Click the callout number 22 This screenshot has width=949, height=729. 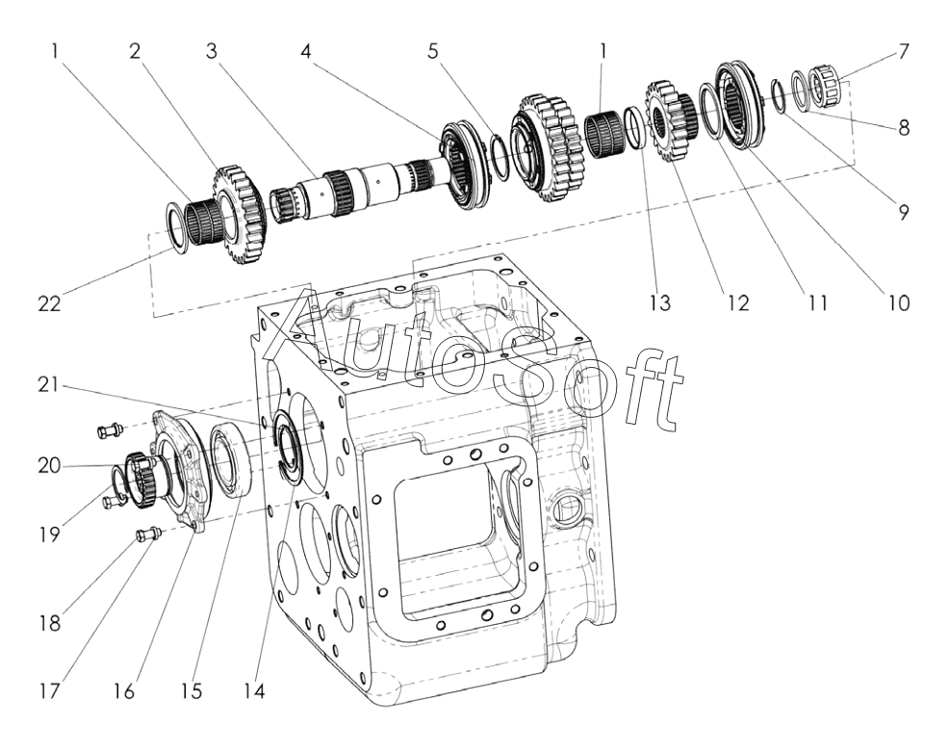click(x=49, y=303)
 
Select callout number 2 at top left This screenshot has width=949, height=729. click(x=135, y=50)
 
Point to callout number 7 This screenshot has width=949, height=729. click(x=903, y=50)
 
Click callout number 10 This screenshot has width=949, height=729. click(x=898, y=302)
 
